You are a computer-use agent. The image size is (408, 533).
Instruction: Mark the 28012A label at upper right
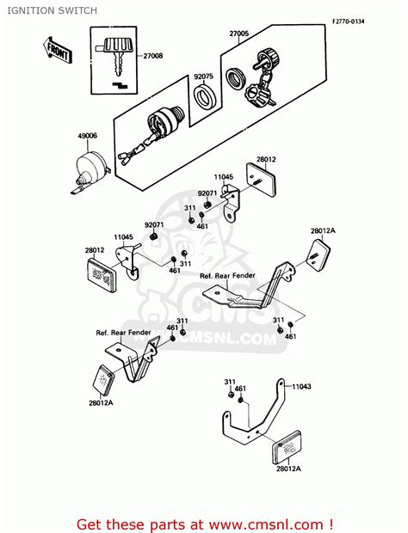click(x=323, y=231)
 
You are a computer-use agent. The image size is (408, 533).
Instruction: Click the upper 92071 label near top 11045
click(x=207, y=194)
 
